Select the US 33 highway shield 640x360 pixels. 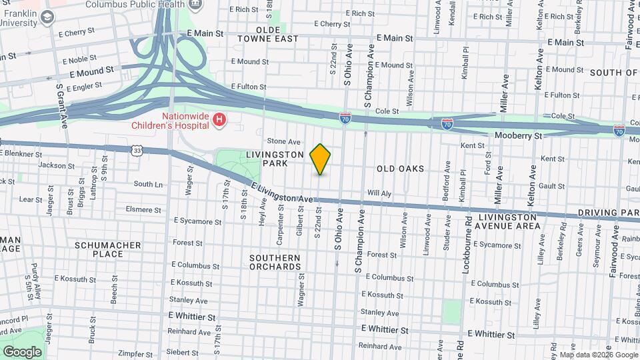point(137,151)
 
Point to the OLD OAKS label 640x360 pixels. point(400,169)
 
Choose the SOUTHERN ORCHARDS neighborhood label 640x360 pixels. point(275,262)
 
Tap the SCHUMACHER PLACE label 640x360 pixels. point(108,249)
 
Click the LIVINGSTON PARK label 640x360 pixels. point(275,158)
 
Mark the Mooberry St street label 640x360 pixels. point(519,136)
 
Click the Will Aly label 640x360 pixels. point(379,193)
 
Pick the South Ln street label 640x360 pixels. point(148,184)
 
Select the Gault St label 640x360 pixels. point(553,186)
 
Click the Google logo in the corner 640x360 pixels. point(22,351)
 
